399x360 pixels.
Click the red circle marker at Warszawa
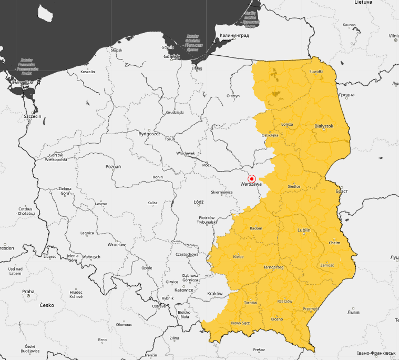(x=251, y=179)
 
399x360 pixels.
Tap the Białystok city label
(x=324, y=126)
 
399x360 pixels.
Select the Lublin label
(x=304, y=231)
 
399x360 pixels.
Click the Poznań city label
(x=113, y=166)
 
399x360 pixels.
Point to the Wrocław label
(x=116, y=245)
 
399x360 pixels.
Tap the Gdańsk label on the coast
(x=171, y=56)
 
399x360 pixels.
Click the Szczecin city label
(x=33, y=116)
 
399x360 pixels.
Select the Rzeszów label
(x=284, y=302)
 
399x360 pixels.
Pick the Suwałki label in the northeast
(x=316, y=71)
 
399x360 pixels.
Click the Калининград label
(x=234, y=35)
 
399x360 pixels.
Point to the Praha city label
(x=28, y=291)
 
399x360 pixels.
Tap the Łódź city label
(x=198, y=202)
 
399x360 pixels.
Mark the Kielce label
(x=238, y=257)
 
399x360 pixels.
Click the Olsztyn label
(x=233, y=96)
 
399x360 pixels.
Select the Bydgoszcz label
(x=149, y=134)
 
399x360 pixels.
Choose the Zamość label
(x=326, y=266)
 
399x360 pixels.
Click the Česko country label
(x=46, y=305)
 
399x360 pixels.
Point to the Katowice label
(x=184, y=289)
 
